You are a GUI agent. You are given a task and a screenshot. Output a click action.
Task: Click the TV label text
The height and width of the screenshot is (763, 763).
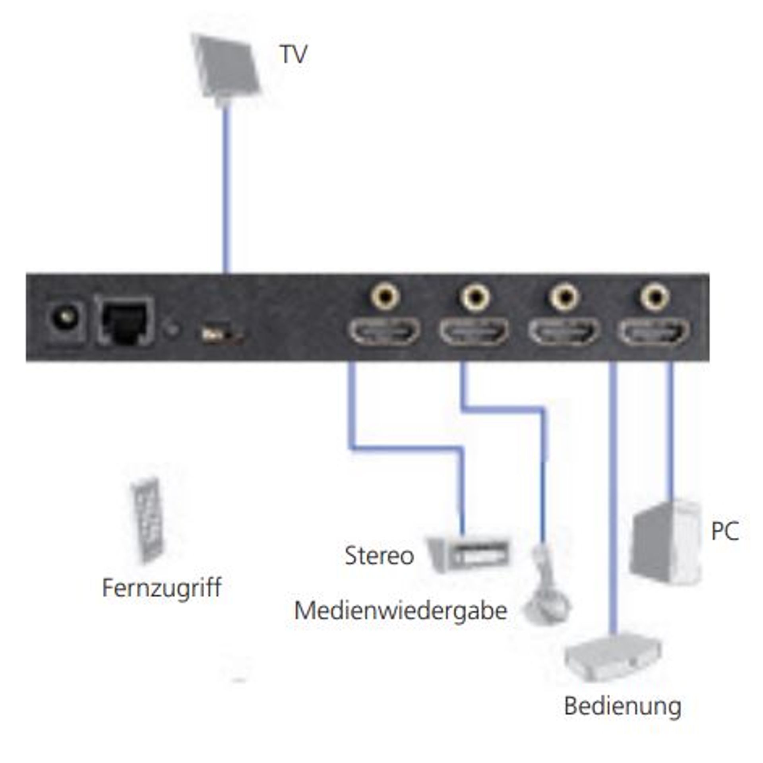(x=294, y=54)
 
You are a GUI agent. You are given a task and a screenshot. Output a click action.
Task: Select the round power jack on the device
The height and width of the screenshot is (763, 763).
(x=66, y=318)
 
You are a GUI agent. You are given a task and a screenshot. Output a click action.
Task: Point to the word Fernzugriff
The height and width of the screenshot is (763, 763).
(x=162, y=588)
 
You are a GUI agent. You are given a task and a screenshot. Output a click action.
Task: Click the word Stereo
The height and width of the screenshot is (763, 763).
(x=379, y=556)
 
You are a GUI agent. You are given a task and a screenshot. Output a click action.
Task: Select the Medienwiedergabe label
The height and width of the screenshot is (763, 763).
(x=401, y=611)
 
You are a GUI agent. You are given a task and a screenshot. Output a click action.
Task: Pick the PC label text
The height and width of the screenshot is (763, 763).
(x=725, y=531)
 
